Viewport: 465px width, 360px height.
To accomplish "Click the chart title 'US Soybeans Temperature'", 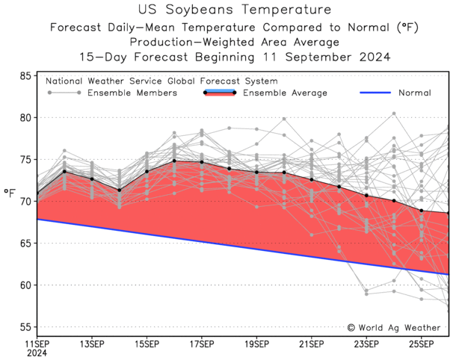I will [x=234, y=10].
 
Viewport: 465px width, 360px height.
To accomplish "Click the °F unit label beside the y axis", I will [x=10, y=193].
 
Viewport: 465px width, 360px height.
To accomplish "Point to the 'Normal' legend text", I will [x=414, y=93].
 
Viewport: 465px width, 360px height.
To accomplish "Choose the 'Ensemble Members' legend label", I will [x=132, y=93].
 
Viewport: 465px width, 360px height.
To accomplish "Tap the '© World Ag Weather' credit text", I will [x=394, y=328].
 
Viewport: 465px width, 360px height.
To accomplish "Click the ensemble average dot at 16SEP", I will [x=174, y=161].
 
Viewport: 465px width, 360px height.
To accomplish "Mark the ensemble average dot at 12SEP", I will [x=64, y=171].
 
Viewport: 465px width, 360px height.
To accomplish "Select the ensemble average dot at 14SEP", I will [x=119, y=190].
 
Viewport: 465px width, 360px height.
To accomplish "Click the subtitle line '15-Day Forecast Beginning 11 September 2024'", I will [x=234, y=57].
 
